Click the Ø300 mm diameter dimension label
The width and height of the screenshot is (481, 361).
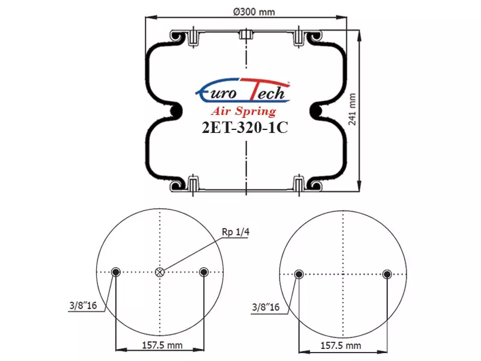coord(254,12)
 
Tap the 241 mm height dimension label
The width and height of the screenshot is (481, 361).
coord(352,110)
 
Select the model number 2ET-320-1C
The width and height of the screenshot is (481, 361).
coord(245,128)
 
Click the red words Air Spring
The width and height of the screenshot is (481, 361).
coord(244,111)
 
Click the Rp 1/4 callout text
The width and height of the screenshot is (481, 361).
coord(235,232)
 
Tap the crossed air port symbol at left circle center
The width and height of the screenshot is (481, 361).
coord(160,272)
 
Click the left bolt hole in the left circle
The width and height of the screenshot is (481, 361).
coord(115,272)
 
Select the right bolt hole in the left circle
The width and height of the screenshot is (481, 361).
coord(204,272)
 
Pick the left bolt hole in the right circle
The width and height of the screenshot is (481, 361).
coord(299,274)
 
